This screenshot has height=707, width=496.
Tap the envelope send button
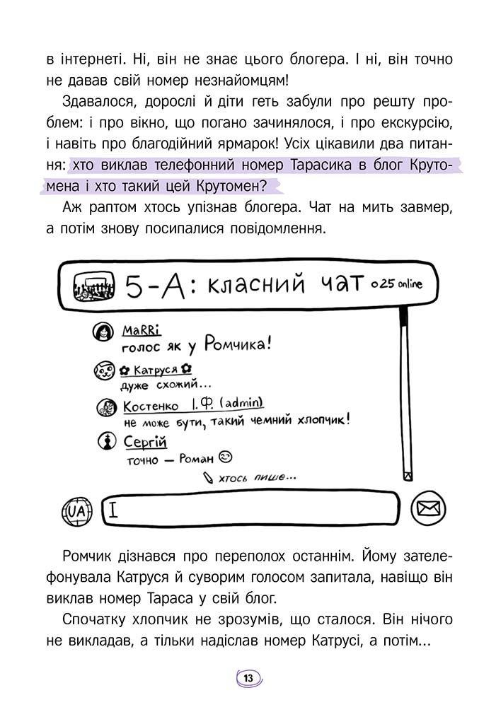[429, 509]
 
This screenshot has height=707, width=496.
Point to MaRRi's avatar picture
[103, 332]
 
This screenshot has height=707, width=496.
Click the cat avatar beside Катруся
[103, 370]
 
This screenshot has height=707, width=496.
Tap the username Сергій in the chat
[144, 443]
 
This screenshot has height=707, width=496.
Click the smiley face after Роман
[226, 456]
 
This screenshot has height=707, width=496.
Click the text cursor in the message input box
[113, 509]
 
